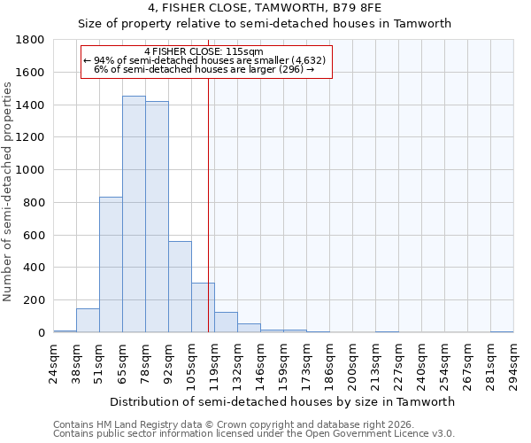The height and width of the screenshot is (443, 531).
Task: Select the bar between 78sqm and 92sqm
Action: (157, 217)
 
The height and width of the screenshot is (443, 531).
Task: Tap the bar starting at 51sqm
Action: (111, 265)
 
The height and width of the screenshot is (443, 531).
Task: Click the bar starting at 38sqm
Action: (88, 321)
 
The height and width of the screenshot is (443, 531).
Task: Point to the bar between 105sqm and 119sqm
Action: (203, 307)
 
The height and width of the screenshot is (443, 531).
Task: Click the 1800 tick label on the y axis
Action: (31, 40)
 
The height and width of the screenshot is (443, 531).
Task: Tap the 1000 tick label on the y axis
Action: (31, 170)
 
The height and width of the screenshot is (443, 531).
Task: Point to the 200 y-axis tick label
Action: (35, 300)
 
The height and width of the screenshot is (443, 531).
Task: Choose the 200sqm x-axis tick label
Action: (352, 363)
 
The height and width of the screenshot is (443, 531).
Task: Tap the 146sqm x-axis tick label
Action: (260, 363)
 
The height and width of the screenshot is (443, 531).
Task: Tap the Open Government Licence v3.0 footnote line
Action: (254, 434)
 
